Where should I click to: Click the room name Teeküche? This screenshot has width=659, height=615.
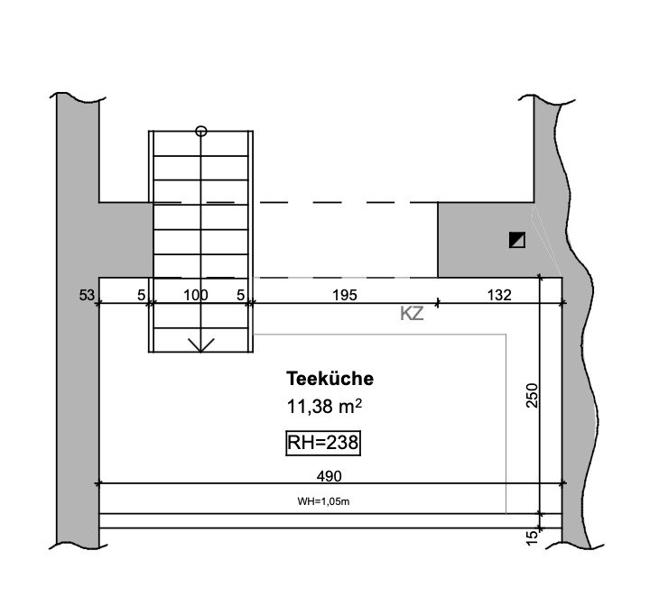click(329, 379)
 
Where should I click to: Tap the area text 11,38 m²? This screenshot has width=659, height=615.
click(324, 407)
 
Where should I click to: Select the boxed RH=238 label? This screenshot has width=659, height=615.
click(323, 443)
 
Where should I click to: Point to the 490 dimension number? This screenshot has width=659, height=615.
click(329, 476)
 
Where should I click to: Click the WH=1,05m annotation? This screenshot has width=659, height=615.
click(323, 501)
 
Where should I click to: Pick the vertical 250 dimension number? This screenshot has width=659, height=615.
click(532, 395)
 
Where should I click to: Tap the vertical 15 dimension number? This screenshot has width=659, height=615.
click(532, 537)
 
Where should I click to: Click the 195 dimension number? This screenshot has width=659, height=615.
click(345, 296)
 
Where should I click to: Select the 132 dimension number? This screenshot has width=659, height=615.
click(499, 296)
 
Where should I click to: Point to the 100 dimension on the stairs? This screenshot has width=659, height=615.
click(196, 296)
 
